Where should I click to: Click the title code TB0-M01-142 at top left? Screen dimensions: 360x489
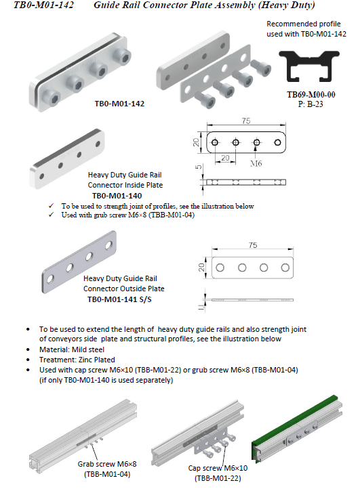[43, 5]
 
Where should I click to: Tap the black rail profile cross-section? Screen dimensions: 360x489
[308, 66]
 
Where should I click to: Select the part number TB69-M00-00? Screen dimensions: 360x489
[311, 95]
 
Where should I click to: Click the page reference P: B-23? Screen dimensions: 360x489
[311, 104]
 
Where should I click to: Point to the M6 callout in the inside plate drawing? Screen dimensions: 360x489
[256, 163]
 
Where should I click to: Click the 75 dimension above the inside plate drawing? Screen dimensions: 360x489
[246, 121]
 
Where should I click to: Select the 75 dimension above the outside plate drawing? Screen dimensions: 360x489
[253, 245]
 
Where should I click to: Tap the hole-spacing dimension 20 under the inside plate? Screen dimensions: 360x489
[225, 158]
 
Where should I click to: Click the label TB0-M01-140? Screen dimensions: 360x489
[117, 196]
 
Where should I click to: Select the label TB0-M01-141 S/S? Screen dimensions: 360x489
[119, 299]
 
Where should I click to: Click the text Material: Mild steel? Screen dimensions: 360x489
[72, 349]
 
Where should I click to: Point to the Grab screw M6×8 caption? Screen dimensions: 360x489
[107, 464]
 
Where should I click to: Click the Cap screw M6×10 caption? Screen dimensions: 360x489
[218, 468]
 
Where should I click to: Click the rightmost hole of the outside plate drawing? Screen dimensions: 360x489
[285, 268]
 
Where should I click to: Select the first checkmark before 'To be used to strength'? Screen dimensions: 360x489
[52, 206]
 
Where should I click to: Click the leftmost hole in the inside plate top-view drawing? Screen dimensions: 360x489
[214, 142]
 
